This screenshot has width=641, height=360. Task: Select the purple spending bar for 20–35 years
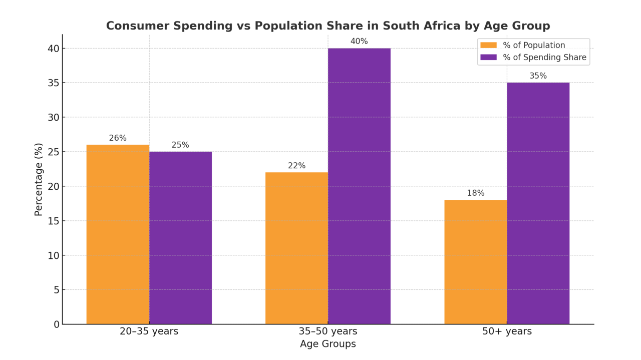[x=180, y=238]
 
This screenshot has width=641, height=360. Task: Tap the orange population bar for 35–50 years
[x=296, y=248]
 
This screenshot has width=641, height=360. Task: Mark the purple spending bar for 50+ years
[x=538, y=203]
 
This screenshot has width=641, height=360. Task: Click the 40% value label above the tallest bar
[x=359, y=42]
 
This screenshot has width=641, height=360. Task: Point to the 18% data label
[x=475, y=193]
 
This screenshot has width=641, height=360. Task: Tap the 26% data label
[x=118, y=138]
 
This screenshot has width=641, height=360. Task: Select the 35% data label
[x=538, y=76]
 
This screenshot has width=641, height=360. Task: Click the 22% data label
[x=296, y=166]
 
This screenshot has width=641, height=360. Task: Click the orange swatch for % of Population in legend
[x=488, y=45]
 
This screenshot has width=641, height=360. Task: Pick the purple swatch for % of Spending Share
[x=488, y=57]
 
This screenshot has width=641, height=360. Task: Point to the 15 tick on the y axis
[x=54, y=221]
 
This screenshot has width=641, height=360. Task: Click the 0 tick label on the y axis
[x=57, y=324]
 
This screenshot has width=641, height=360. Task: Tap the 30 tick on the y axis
[x=54, y=117]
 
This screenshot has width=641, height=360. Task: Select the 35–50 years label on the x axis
[x=328, y=331]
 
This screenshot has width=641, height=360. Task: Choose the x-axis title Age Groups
[x=328, y=344]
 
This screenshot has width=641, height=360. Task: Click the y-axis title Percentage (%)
[x=39, y=179]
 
